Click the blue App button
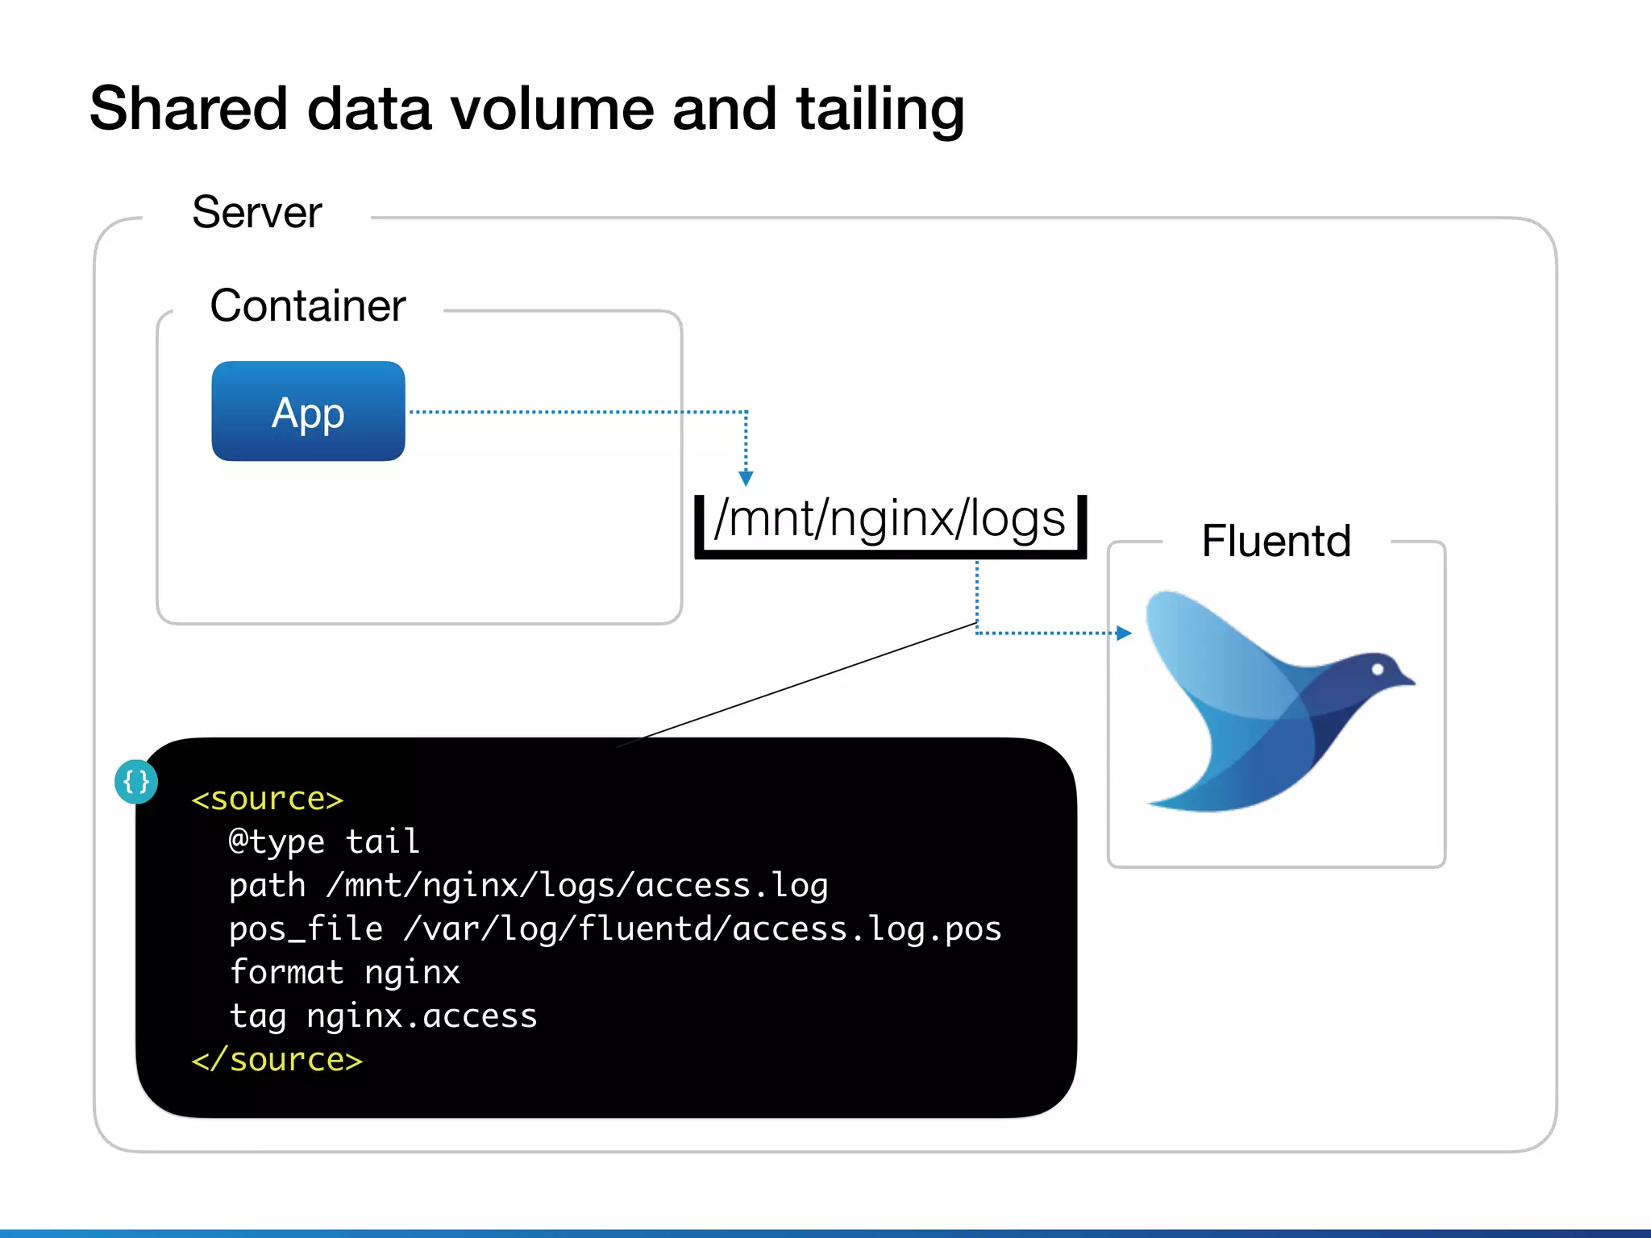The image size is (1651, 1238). (308, 411)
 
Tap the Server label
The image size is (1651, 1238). (256, 213)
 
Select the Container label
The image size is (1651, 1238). (307, 306)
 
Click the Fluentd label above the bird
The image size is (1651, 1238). (1275, 541)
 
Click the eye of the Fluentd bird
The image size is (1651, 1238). (1378, 669)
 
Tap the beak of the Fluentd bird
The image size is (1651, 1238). (1406, 680)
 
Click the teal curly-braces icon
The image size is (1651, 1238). (135, 782)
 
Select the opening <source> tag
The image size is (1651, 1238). (268, 800)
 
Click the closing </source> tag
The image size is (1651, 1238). (277, 1060)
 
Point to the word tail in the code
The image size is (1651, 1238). (382, 842)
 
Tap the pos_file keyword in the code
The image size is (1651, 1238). (306, 929)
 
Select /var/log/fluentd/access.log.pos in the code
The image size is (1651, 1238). (702, 929)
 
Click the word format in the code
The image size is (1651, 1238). (287, 973)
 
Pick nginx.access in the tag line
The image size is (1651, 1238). (422, 1016)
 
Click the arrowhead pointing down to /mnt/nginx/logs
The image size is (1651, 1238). (746, 479)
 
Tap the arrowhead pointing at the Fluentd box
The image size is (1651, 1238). (1124, 634)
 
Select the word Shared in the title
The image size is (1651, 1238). (189, 109)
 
